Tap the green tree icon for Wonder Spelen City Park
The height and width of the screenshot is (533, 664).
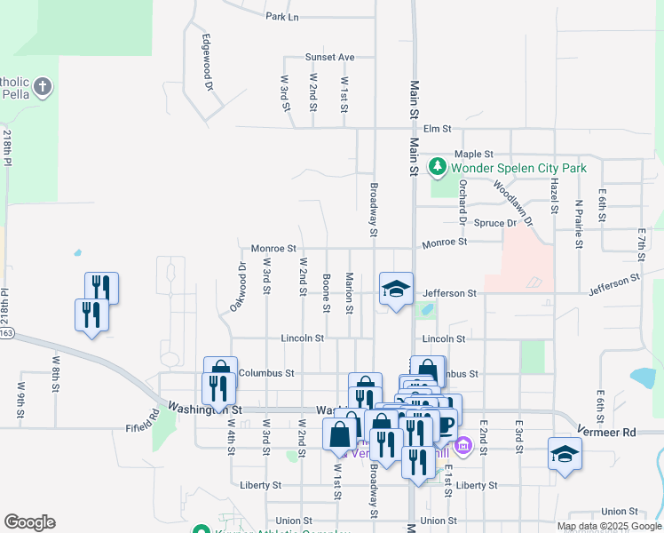437,166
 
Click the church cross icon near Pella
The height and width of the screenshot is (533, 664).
43,87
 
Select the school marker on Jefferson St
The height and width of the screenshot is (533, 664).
396,288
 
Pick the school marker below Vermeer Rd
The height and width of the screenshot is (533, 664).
565,454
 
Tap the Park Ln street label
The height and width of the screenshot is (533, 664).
282,16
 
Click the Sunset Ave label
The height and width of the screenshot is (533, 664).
329,57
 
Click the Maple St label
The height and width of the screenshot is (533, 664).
473,155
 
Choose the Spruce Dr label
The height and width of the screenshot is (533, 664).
494,223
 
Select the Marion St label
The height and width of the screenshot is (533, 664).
351,292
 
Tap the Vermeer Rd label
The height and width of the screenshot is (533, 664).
617,433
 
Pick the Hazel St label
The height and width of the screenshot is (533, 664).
554,195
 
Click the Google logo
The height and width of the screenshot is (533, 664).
29,522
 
